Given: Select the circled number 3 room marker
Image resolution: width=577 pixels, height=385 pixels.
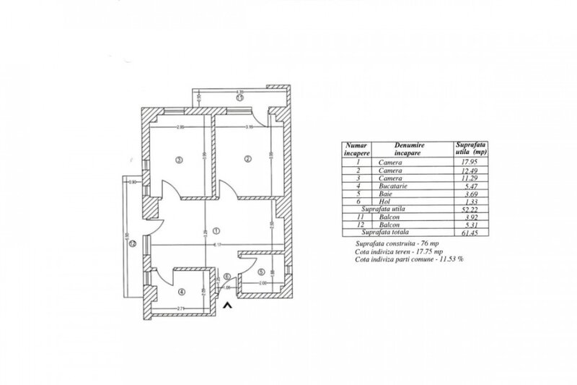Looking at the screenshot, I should pos(177,159).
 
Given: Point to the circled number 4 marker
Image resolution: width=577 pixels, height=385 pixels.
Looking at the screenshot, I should pos(182,292).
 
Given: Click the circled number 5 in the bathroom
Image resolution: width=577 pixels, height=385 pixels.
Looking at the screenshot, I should pos(260,272).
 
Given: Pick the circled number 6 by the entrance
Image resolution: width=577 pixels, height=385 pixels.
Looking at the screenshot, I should pos(226,276).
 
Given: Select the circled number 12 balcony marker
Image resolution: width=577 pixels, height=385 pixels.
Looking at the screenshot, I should pos(133,243).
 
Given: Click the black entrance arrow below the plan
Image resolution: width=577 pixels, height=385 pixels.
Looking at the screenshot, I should pos(228,306).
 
